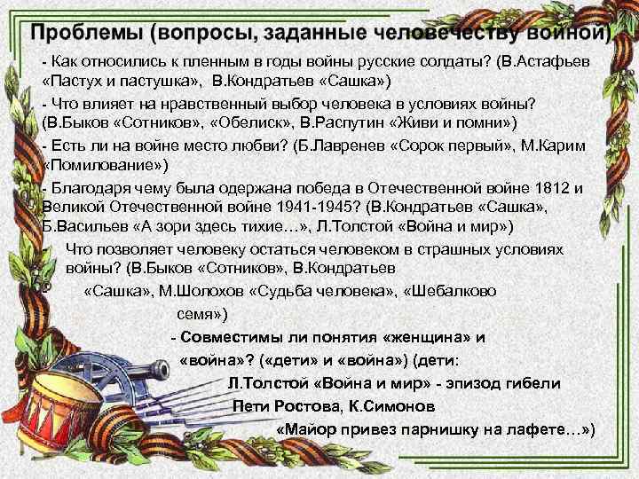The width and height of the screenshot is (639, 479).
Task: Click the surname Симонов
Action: point(395,407)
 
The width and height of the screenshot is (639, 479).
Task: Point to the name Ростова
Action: point(308,407)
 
